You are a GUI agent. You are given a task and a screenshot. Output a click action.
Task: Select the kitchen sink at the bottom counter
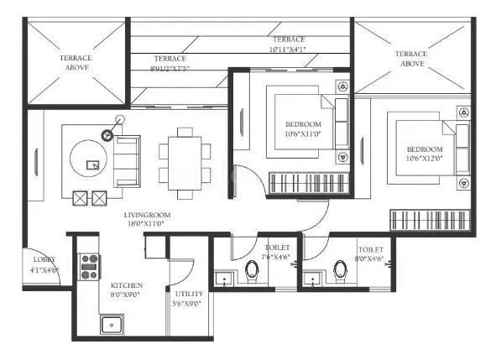tap(111, 324)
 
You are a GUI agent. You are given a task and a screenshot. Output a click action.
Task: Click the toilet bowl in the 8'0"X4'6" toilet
tap(340, 271)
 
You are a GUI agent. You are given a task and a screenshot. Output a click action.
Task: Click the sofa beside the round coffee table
tap(127, 161)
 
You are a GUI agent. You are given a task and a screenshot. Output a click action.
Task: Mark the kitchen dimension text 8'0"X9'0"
tap(124, 295)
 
